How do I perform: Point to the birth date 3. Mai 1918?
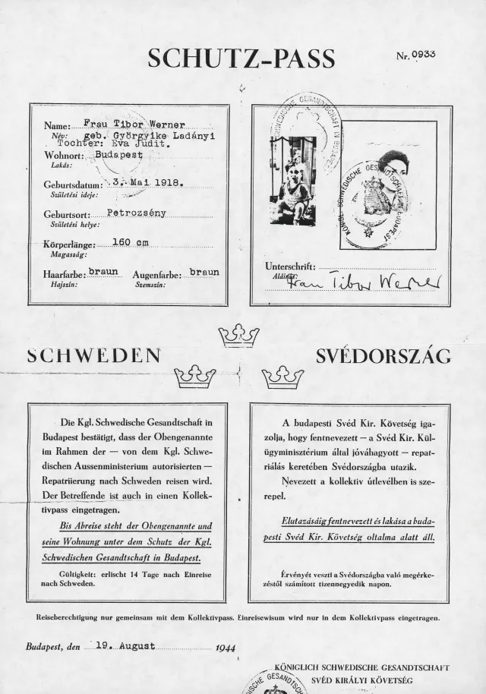[x=143, y=182]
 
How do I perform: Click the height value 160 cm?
[x=130, y=243]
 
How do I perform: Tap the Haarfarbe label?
[x=64, y=274]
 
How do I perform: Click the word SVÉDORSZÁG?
[x=383, y=355]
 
